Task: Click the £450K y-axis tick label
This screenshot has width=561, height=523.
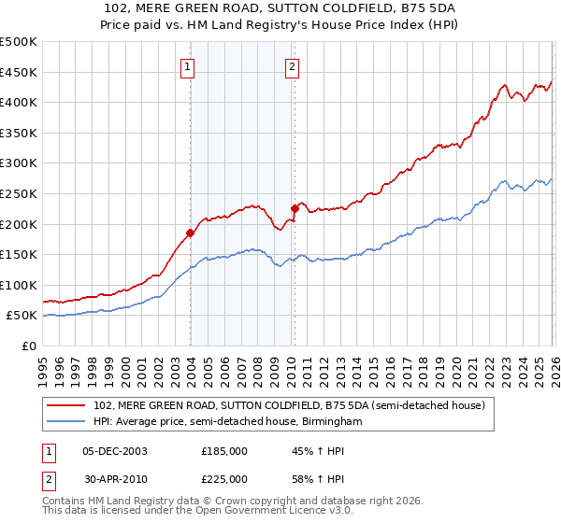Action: tap(19, 72)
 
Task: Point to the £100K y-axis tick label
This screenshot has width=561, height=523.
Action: tap(19, 285)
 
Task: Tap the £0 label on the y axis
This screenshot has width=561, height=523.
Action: tap(28, 346)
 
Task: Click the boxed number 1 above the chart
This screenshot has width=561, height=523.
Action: tap(188, 66)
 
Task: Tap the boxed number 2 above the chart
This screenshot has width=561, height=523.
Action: tap(292, 66)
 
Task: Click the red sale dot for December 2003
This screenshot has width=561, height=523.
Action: tap(191, 233)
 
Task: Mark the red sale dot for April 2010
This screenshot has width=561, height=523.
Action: tap(295, 208)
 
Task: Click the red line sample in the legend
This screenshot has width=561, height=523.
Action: tap(67, 406)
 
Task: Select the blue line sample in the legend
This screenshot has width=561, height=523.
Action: tap(67, 422)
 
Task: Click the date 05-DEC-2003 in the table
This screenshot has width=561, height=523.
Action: tap(114, 450)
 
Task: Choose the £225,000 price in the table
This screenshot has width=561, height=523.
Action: tap(224, 478)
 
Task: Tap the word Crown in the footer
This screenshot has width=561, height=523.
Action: tap(223, 501)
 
